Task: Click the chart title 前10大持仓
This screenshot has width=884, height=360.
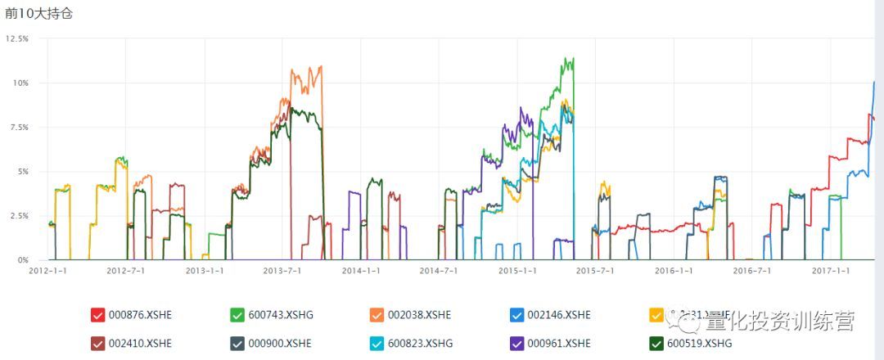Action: [x=39, y=14]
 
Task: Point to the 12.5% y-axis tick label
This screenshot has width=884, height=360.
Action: [x=17, y=38]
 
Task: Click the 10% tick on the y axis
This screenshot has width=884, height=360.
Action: [x=20, y=83]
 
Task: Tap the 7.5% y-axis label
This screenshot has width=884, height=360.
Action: [x=19, y=127]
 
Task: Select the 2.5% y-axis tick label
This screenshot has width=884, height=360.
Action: [x=19, y=215]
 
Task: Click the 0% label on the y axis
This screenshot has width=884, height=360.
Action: [x=23, y=259]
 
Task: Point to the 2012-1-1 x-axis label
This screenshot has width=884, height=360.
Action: [x=48, y=270]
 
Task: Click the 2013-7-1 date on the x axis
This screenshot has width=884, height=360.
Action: [x=283, y=270]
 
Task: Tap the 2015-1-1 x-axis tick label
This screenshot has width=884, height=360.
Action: [x=518, y=270]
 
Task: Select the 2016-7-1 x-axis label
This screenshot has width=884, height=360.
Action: [x=752, y=270]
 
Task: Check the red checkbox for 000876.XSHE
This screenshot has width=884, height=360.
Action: [x=98, y=315]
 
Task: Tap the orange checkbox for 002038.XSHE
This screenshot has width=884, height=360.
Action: [x=377, y=315]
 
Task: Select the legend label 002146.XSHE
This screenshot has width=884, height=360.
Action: [x=559, y=315]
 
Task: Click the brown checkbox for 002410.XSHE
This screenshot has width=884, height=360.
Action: [x=98, y=344]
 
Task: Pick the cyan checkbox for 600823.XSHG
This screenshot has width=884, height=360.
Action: [x=377, y=344]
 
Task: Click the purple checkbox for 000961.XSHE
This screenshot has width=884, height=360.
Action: [x=516, y=344]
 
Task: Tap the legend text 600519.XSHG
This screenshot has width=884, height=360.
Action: [x=700, y=344]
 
